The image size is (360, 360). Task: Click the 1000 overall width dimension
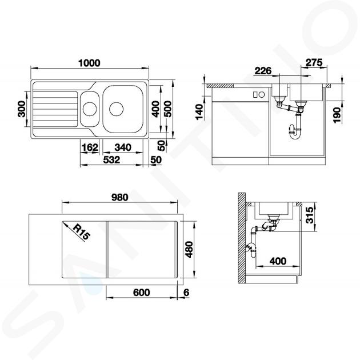(x=89, y=63)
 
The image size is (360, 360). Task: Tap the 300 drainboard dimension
(x=22, y=109)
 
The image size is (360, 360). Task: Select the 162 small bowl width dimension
(x=90, y=147)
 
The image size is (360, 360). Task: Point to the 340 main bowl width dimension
(x=123, y=147)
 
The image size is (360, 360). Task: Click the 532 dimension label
(x=111, y=160)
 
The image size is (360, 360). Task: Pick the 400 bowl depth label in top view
(x=156, y=109)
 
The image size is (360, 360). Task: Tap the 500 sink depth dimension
(x=169, y=109)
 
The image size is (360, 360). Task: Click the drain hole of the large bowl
(x=117, y=109)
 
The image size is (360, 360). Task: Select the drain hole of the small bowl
(x=90, y=109)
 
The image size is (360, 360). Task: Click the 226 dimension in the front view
(x=263, y=71)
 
